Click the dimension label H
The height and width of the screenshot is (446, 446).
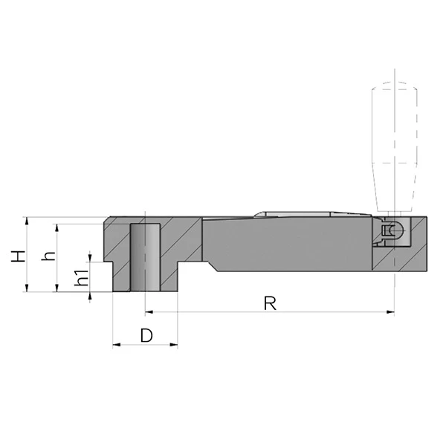18,256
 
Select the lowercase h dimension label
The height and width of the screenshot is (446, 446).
48,256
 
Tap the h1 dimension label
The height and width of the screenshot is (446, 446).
81,277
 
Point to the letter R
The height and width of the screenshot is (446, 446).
270,303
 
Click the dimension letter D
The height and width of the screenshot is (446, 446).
146,335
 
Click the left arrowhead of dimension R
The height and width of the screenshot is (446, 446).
149,312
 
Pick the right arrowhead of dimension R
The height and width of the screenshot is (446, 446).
390,312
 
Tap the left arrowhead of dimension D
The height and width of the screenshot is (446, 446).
117,345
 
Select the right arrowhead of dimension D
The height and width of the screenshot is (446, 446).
174,345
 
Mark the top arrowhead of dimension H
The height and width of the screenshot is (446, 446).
27,221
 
